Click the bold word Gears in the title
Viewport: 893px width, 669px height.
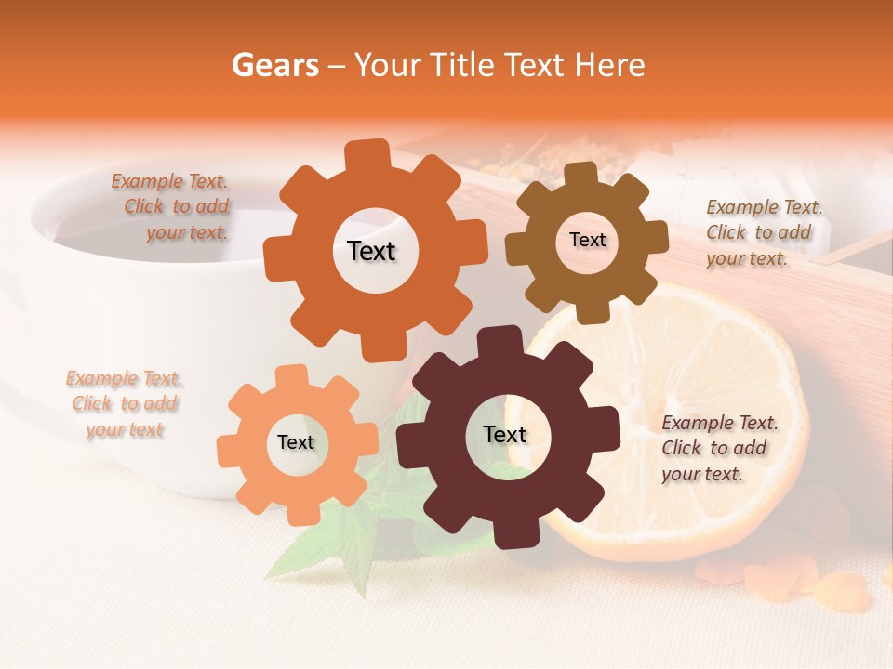pyautogui.click(x=274, y=65)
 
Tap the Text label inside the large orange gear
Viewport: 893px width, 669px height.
pyautogui.click(x=372, y=251)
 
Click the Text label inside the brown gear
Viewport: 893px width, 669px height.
pyautogui.click(x=587, y=240)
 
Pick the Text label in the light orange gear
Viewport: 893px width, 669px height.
pyautogui.click(x=296, y=442)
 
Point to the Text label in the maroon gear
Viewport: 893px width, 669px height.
pyautogui.click(x=505, y=434)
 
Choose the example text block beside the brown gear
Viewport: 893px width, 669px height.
pyautogui.click(x=763, y=232)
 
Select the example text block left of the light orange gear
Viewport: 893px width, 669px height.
pyautogui.click(x=124, y=404)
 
